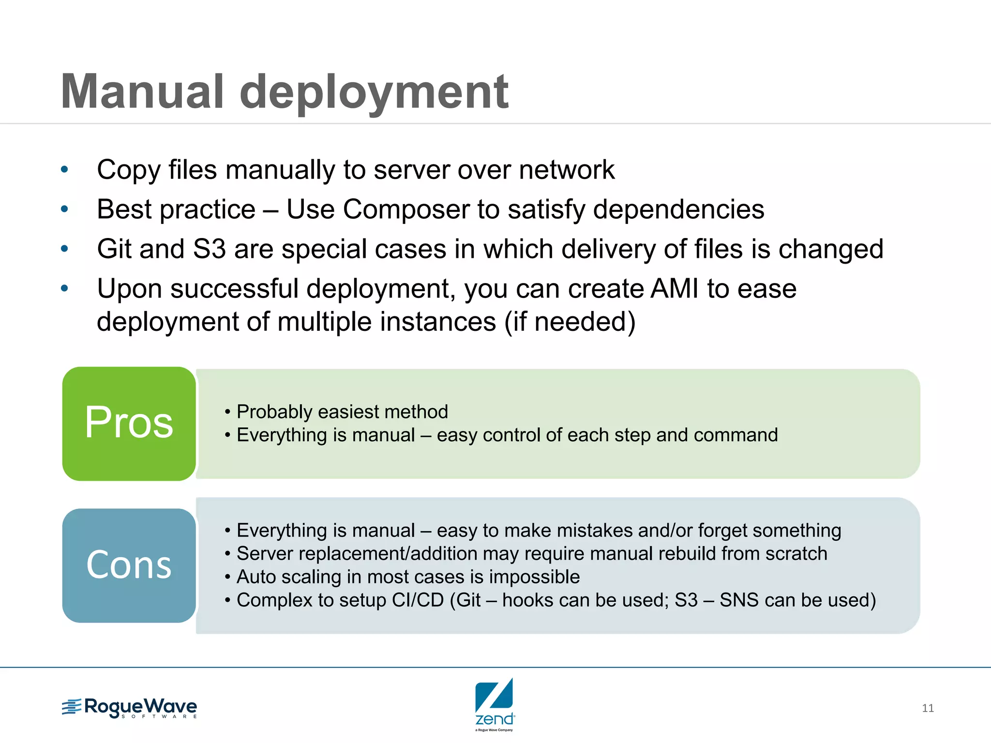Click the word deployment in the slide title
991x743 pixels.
(374, 92)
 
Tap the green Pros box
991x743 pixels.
(129, 423)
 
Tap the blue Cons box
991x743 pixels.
(129, 565)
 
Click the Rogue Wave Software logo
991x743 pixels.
(130, 708)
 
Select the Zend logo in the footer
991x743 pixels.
(495, 704)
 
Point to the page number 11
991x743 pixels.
(928, 708)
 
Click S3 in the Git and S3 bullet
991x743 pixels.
(209, 249)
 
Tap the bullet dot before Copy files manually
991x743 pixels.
(64, 170)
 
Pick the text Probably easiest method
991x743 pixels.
(342, 412)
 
